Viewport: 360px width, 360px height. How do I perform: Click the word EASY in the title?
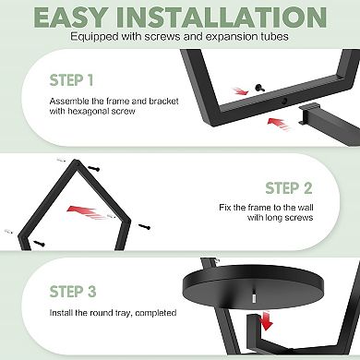pos(71,18)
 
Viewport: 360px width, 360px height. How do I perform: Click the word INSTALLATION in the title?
pos(222,18)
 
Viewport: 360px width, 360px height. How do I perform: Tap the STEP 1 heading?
pos(71,80)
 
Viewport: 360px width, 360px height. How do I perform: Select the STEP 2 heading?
pos(289,188)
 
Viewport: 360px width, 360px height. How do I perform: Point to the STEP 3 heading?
pos(73,292)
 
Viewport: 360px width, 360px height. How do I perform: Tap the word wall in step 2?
pos(306,208)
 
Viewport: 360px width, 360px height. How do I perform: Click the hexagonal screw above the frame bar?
pos(259,89)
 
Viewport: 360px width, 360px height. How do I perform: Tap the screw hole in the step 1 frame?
pos(284,100)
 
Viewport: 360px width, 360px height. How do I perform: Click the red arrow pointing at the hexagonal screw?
pos(240,91)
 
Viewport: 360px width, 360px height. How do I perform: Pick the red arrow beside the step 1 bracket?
pos(279,125)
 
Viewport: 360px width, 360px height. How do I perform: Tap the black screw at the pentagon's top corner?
pos(94,169)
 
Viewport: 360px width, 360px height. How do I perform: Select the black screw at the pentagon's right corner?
pos(144,227)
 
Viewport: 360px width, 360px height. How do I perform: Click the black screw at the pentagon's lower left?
pos(39,244)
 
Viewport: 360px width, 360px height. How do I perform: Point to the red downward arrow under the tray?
pos(265,320)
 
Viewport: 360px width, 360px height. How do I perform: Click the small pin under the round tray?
pos(254,297)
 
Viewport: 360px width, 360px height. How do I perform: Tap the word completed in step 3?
pos(155,313)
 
